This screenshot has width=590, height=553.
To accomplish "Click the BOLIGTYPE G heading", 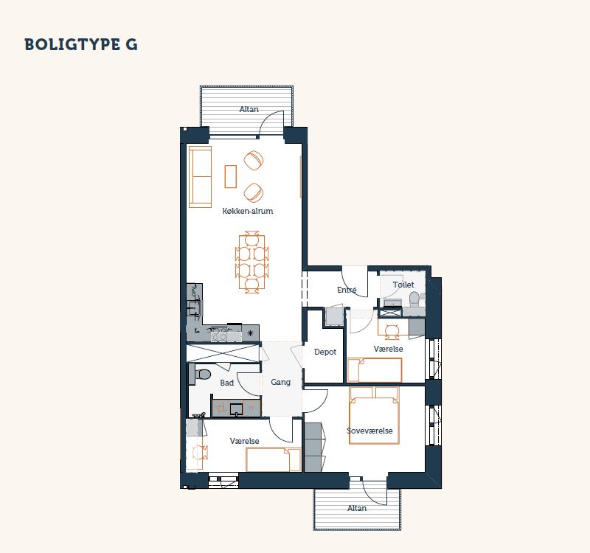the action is tap(81, 44).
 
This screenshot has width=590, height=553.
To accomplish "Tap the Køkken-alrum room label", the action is tap(248, 211).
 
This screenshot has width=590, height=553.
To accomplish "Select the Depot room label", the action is tap(325, 352).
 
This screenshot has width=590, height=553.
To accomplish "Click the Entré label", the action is tap(347, 290).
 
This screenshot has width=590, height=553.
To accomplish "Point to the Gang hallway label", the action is tap(281, 382).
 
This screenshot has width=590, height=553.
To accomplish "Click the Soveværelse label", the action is tap(369, 431).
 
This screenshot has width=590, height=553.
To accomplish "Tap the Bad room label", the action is tap(227, 383).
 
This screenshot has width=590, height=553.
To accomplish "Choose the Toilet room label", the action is tap(403, 285).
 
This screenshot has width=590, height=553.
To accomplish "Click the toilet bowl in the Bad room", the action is tap(202, 375).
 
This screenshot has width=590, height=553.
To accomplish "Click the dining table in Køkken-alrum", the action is tap(251, 262).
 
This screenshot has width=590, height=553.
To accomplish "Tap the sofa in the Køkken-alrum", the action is tap(200, 177).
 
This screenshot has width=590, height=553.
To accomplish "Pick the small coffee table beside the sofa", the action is tap(231, 176).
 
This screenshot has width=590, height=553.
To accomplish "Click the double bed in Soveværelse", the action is tap(374, 415).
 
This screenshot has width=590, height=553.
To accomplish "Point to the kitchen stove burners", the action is tap(218, 335).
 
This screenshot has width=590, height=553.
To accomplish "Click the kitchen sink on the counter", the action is tap(195, 308).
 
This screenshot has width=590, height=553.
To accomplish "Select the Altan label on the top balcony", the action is tap(249, 109).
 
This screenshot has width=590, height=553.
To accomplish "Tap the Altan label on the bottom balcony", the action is tap(357, 508).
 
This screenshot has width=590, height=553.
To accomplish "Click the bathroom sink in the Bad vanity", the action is tap(236, 409).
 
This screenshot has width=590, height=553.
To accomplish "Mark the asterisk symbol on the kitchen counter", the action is tap(250, 333).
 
